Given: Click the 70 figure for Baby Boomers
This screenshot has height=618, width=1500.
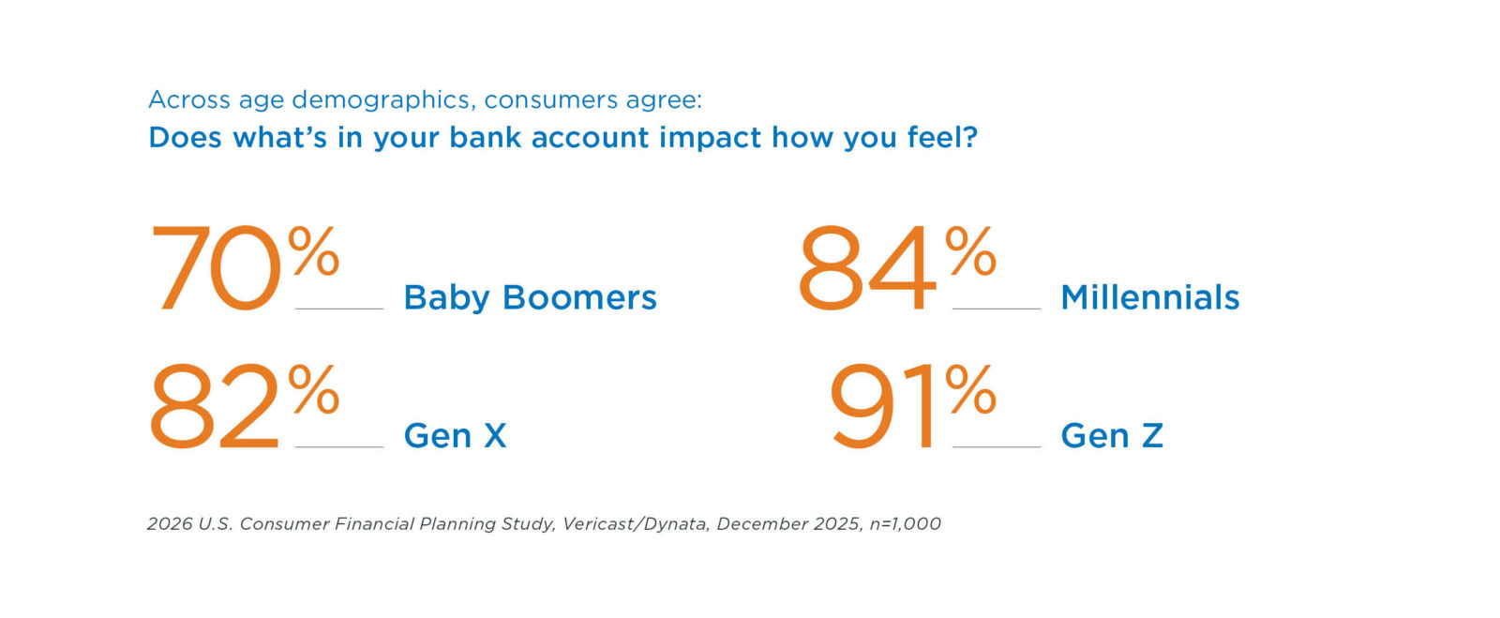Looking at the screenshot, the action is [x=216, y=268].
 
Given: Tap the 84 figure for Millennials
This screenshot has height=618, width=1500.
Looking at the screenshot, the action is [x=866, y=268].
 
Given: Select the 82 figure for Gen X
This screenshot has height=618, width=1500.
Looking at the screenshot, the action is [x=214, y=406].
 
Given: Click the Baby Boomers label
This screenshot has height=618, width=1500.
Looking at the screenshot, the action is [x=531, y=298].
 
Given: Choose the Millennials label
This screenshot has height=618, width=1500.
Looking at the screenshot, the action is [x=1150, y=297].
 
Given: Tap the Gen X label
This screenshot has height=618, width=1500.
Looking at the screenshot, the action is [x=456, y=436].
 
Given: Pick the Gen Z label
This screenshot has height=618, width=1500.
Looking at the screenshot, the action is [x=1112, y=436].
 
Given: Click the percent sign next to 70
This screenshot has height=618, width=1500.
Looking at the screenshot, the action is [x=314, y=250].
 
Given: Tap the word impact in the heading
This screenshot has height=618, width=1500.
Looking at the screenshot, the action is [x=711, y=138].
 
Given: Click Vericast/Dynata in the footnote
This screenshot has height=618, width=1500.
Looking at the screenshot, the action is [x=635, y=523].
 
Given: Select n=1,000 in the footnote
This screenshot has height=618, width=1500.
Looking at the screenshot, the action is [x=906, y=523].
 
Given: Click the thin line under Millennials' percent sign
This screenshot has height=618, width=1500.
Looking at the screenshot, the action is [x=997, y=309].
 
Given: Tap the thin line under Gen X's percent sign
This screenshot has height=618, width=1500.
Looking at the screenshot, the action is [x=339, y=446].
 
